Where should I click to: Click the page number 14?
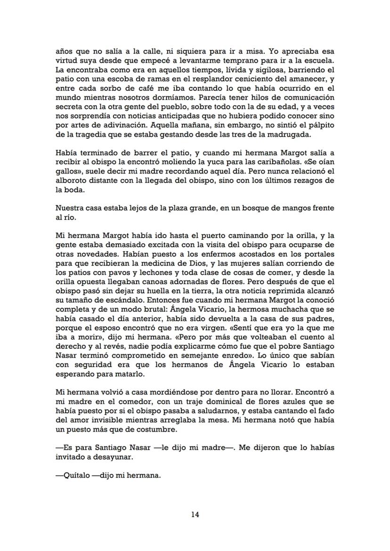(x=195, y=514)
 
